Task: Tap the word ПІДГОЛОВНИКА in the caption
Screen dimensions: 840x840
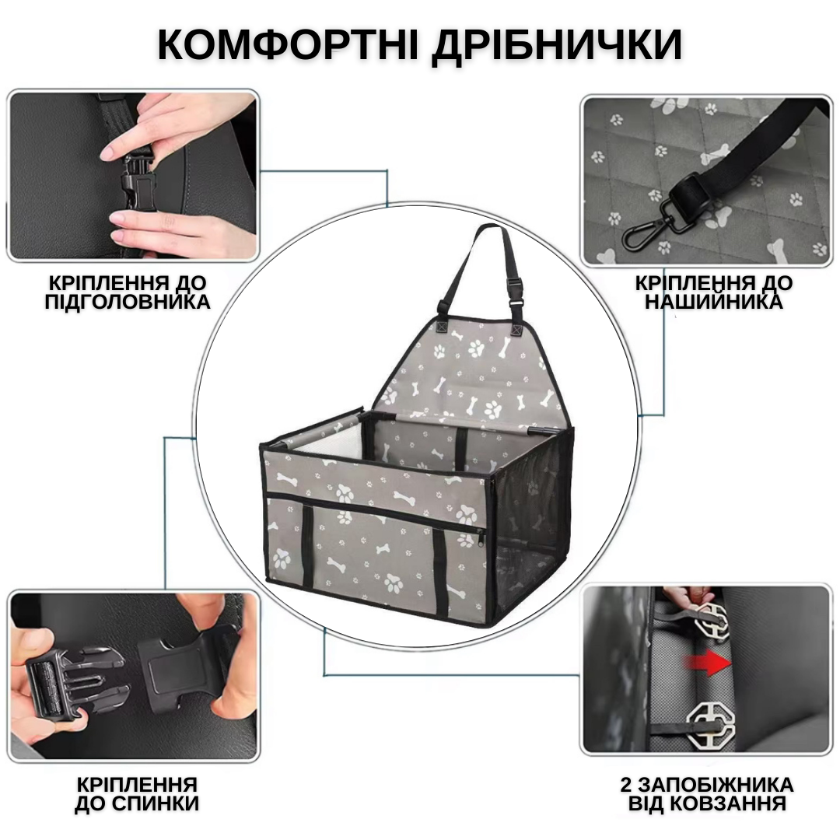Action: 128,302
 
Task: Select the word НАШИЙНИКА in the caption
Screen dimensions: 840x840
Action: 712,302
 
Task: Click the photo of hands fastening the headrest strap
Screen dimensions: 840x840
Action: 132,175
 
